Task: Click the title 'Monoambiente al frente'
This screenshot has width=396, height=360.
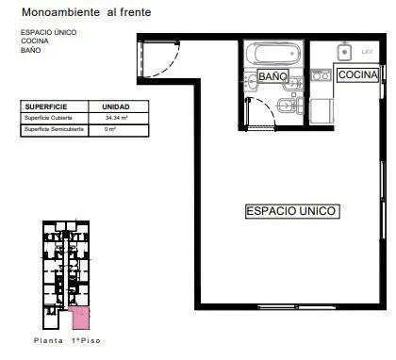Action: pos(86,12)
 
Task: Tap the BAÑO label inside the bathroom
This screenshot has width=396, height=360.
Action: pos(272,75)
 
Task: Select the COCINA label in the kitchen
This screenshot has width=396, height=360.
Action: pos(357,74)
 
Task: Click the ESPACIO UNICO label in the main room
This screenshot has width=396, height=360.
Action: pos(291,211)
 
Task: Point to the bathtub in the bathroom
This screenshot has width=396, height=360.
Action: pos(272,54)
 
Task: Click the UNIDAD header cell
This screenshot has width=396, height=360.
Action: pos(115,107)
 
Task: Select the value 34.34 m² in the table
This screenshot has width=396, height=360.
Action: pos(115,118)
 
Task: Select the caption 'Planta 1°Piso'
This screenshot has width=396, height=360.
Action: pos(66,340)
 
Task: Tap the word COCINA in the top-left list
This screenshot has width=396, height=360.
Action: pos(35,41)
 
